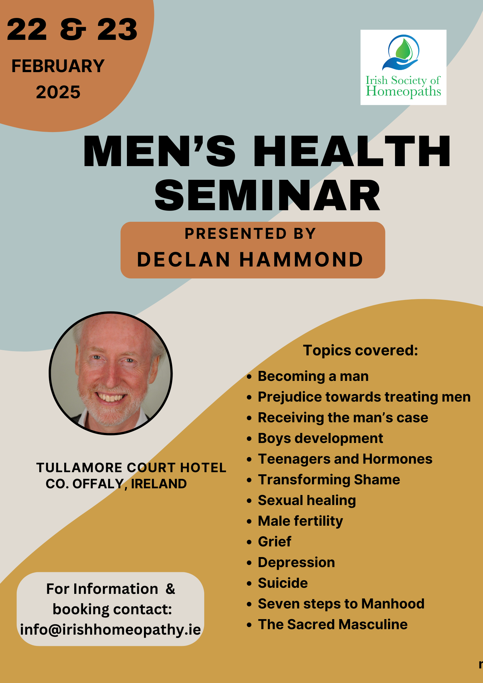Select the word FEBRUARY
(x=58, y=66)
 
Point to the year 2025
(x=58, y=92)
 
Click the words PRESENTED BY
(x=250, y=234)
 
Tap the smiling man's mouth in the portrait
(x=110, y=397)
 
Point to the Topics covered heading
(x=360, y=350)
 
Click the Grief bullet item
(x=275, y=542)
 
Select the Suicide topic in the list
(x=283, y=583)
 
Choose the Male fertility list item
(x=300, y=521)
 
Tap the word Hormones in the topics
(x=397, y=459)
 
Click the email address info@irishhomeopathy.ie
(x=110, y=630)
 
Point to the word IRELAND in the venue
(x=159, y=484)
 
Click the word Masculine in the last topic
(x=373, y=624)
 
